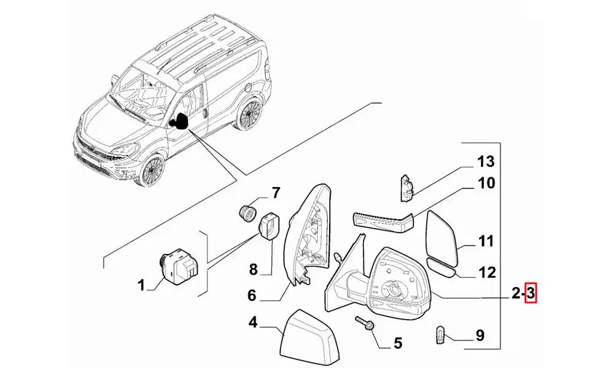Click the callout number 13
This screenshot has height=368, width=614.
pos(486,163)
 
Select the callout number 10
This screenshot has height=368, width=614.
pos(486,183)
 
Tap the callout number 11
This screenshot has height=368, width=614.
pos(486,242)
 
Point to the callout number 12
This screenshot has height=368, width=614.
pos(486,272)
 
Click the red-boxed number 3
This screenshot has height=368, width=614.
pos(531,295)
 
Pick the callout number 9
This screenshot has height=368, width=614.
pos(480,335)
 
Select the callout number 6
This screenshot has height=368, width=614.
pos(251,296)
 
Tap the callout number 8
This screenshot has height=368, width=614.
pos(253,269)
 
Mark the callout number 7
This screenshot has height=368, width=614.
pos(276,193)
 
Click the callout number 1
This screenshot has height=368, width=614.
pos(141,285)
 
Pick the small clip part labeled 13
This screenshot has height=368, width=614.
pos(407,186)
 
